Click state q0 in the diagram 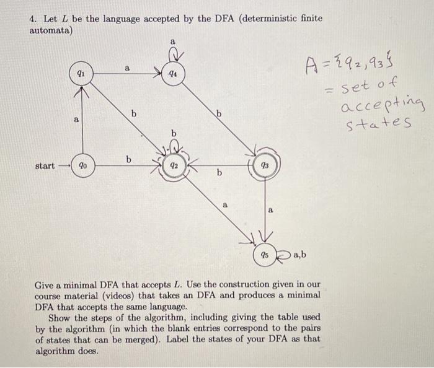pos(81,166)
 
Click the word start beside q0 pos(45,166)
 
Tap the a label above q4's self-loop pos(173,42)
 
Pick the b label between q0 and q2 pos(129,159)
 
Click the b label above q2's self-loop pos(174,134)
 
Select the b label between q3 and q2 pos(218,175)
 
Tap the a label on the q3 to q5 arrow pos(270,211)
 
